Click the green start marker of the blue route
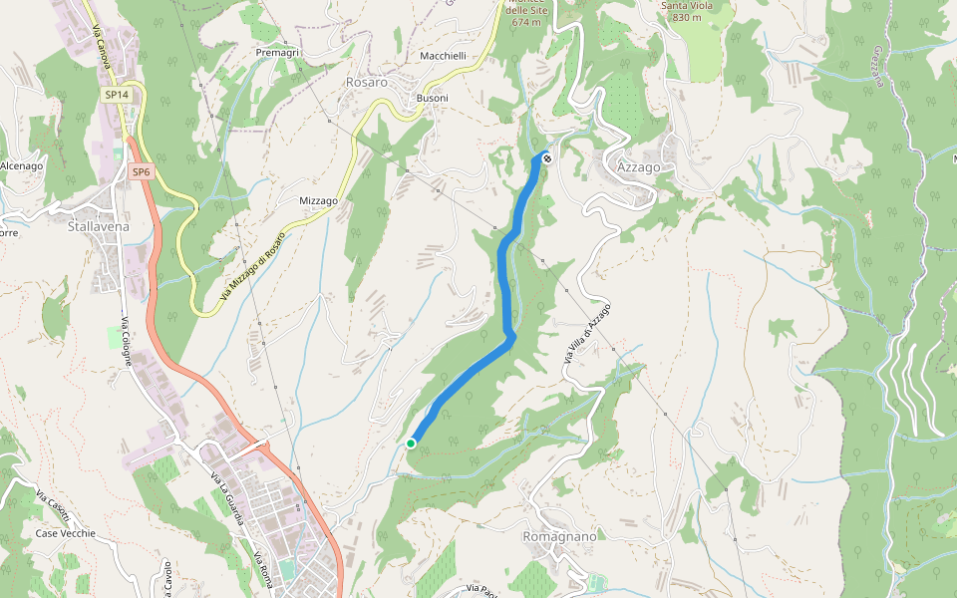411,444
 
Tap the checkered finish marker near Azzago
546,157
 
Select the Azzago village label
638,167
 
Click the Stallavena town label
98,226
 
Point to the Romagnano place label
559,536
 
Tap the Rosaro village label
366,83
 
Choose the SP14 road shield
116,95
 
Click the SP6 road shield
141,172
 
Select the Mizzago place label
319,200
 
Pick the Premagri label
277,52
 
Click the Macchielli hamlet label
444,56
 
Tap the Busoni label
432,98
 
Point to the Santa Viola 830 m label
687,11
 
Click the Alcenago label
21,165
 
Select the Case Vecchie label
66,533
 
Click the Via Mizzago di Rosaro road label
252,268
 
